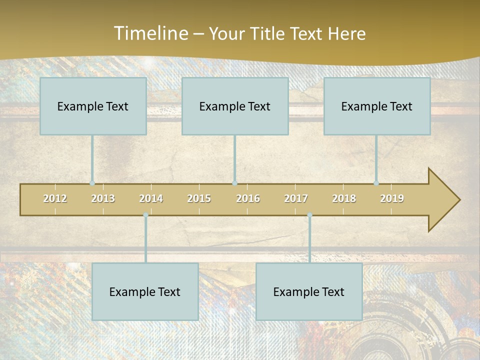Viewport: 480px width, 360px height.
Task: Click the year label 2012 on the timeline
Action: (x=55, y=198)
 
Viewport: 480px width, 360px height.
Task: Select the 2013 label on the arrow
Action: (x=103, y=198)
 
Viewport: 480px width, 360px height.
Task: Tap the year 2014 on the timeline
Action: (x=151, y=198)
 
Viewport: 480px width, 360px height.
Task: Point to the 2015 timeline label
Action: (x=199, y=198)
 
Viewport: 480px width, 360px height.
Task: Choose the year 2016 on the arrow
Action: (x=248, y=198)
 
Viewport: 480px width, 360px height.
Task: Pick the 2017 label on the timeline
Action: (x=296, y=198)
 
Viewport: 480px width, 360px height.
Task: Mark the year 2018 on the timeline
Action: (x=344, y=198)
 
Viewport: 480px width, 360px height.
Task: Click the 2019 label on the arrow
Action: (x=392, y=198)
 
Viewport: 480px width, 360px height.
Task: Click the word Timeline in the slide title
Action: (x=150, y=33)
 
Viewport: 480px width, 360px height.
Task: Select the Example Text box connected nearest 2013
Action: (x=93, y=106)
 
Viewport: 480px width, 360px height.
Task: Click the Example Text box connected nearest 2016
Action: (x=235, y=106)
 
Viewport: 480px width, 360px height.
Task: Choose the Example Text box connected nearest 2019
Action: (x=377, y=106)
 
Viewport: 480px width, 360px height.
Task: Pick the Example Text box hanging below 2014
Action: (x=145, y=291)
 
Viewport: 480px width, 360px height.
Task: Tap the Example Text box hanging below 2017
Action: (x=309, y=291)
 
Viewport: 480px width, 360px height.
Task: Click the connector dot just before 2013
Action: (x=92, y=183)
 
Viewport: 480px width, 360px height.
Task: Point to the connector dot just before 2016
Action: (x=234, y=183)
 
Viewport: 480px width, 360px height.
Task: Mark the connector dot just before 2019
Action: (x=376, y=183)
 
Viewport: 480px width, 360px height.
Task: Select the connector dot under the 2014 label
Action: (x=145, y=215)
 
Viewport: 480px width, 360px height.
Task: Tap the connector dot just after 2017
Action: (x=309, y=215)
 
